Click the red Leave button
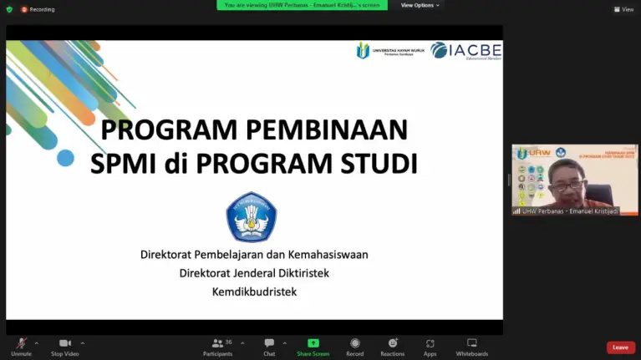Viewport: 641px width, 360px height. point(620,347)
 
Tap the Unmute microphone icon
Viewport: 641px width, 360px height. point(21,343)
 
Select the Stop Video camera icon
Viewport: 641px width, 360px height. point(64,343)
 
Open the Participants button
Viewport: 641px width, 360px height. point(217,343)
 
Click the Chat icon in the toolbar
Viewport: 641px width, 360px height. point(269,343)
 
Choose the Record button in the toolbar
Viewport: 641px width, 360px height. point(355,343)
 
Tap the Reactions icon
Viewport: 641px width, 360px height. point(392,343)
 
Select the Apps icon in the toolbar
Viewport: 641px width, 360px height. point(430,343)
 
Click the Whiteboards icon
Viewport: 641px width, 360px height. point(471,343)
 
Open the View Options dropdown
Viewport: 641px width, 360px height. point(420,5)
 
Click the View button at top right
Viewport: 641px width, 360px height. point(623,9)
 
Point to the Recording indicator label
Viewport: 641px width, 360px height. point(42,9)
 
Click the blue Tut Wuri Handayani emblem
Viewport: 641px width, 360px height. point(251,216)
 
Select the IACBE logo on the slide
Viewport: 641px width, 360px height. point(465,51)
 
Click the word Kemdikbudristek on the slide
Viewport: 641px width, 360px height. point(254,292)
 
